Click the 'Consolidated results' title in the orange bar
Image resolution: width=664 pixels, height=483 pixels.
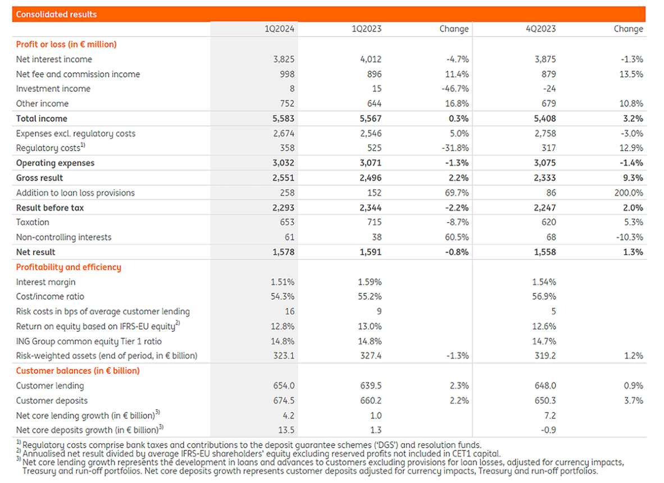(x=56, y=14)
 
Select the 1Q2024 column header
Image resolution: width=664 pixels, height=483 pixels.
(x=279, y=29)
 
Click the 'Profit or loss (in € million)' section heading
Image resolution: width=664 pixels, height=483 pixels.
(x=66, y=44)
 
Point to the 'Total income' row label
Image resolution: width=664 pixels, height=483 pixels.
(x=42, y=118)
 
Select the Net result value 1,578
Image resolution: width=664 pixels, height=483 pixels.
(x=283, y=252)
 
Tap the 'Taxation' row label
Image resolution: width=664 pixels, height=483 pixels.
(x=33, y=222)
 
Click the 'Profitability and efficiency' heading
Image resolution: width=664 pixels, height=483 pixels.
(x=69, y=267)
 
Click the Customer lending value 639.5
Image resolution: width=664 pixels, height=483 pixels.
(x=371, y=385)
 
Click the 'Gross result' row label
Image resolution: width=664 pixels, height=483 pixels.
(x=39, y=178)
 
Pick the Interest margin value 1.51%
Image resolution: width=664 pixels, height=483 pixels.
(x=283, y=282)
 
